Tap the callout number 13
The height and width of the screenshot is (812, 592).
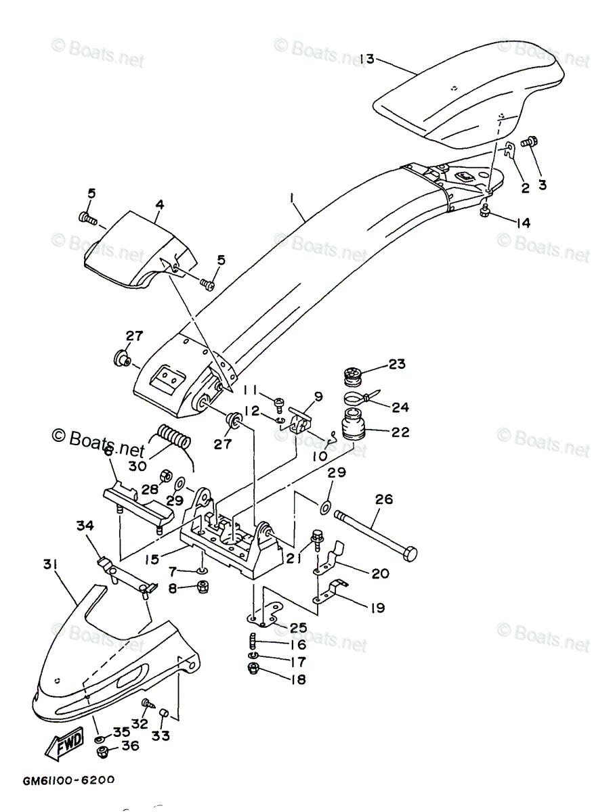pyautogui.click(x=366, y=59)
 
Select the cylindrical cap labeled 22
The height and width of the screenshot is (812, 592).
pyautogui.click(x=354, y=424)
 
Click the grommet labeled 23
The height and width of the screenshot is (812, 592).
pyautogui.click(x=353, y=371)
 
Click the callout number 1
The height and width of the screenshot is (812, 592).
pyautogui.click(x=292, y=198)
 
